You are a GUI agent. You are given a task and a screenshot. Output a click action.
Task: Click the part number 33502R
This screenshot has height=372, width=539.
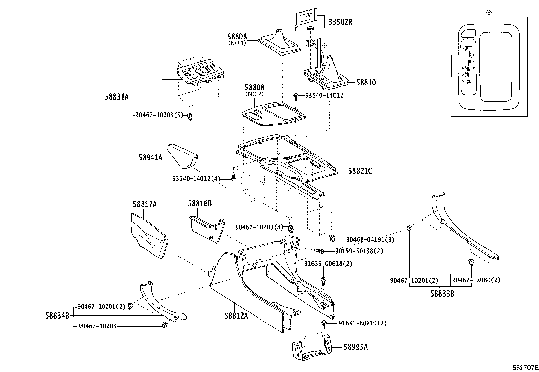point(340,22)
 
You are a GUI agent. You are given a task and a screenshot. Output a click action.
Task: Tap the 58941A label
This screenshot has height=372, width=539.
point(150,157)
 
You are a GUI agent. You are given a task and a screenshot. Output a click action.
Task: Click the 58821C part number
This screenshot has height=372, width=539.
point(360,171)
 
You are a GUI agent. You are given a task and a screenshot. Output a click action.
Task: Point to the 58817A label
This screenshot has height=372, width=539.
point(145,204)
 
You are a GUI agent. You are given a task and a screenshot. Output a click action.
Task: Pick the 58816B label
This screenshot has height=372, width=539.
point(200,203)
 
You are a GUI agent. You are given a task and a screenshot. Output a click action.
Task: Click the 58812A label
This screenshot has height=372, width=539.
point(236,315)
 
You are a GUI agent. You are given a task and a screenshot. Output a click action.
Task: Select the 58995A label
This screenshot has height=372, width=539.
point(356,347)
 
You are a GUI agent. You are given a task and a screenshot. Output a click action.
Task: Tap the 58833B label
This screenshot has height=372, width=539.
point(442,293)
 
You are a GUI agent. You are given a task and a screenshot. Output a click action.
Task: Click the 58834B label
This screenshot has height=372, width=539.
point(57,315)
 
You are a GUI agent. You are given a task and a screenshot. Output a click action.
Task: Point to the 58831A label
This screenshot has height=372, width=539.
point(117,97)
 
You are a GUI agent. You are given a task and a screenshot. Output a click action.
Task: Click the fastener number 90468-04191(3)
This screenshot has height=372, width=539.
point(370,240)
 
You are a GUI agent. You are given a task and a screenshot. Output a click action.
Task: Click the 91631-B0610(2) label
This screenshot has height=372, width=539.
point(362,323)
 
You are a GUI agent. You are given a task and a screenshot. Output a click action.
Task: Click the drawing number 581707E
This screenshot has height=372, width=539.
point(525,367)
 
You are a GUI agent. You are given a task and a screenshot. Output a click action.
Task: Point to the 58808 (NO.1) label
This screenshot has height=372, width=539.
point(242,39)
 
